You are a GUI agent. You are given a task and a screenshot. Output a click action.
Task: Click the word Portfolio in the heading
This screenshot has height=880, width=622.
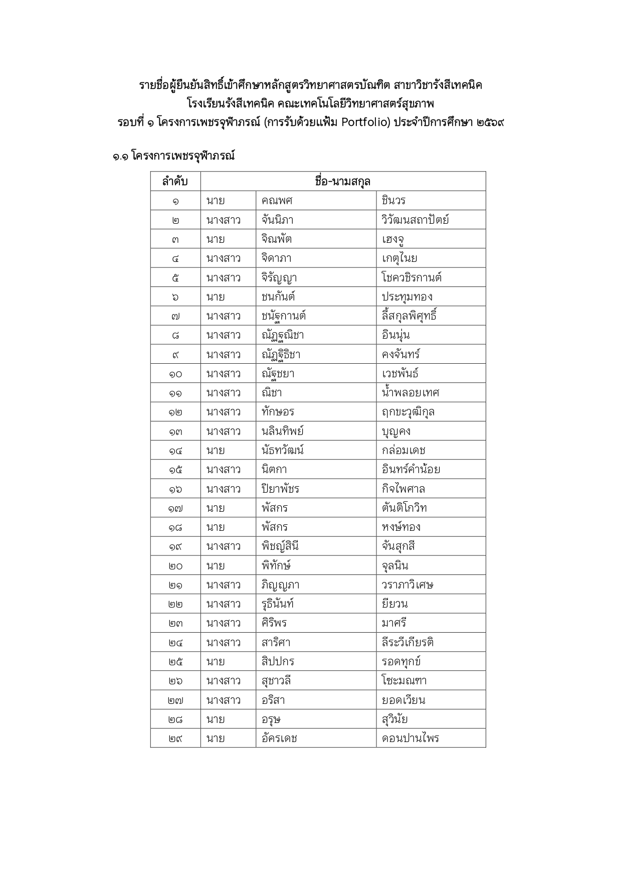(x=365, y=122)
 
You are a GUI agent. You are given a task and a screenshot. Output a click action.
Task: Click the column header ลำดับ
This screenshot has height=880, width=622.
(x=175, y=182)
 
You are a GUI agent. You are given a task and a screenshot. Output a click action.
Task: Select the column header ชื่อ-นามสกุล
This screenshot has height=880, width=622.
(x=343, y=182)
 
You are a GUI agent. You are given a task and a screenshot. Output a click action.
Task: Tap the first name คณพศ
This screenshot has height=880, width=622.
(x=277, y=201)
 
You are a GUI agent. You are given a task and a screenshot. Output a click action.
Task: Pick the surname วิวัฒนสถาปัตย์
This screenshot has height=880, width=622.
(x=415, y=220)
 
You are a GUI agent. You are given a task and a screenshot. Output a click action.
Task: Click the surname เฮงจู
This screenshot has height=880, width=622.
(x=393, y=239)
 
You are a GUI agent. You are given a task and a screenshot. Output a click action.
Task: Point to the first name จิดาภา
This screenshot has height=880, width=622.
(x=276, y=258)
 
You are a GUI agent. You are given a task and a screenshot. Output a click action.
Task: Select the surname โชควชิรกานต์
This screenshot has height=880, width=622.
(x=411, y=277)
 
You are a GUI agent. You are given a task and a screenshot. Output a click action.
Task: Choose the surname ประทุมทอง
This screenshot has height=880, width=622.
(x=407, y=297)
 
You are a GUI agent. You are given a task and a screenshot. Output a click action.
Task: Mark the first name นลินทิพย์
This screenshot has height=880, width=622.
(x=282, y=431)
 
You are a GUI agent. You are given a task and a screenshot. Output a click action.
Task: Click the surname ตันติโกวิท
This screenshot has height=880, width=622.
(x=404, y=508)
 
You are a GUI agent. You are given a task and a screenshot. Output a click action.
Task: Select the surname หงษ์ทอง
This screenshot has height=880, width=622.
(x=401, y=527)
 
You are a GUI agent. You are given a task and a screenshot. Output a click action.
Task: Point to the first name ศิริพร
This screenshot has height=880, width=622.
(x=274, y=623)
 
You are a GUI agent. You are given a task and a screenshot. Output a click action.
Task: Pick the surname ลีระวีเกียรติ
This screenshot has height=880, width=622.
(x=407, y=642)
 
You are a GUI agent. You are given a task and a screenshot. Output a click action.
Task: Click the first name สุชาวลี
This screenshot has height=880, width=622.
(x=276, y=681)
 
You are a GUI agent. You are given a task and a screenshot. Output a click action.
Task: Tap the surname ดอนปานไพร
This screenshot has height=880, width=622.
(x=410, y=738)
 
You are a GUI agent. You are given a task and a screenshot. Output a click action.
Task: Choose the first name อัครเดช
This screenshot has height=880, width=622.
(x=279, y=738)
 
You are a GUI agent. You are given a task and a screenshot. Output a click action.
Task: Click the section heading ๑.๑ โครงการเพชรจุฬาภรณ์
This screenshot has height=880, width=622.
(x=173, y=156)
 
